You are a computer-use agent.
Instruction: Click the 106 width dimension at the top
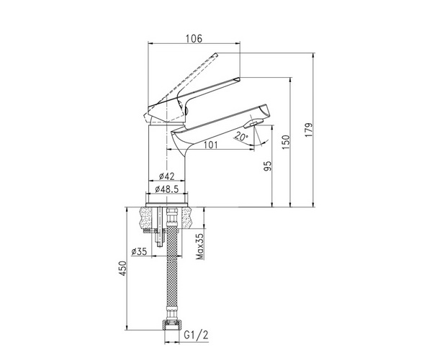(194, 39)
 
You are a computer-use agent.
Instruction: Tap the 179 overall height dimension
(309, 130)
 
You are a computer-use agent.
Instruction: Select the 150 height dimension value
(287, 142)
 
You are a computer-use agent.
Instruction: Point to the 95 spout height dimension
(268, 166)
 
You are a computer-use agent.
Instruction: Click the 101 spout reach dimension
(210, 145)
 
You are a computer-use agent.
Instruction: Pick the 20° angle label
(241, 136)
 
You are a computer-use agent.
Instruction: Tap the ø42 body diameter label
(167, 176)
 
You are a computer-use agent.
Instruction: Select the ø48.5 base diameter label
(167, 189)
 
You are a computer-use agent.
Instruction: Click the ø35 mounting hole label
(140, 251)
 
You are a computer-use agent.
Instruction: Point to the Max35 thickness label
(199, 246)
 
